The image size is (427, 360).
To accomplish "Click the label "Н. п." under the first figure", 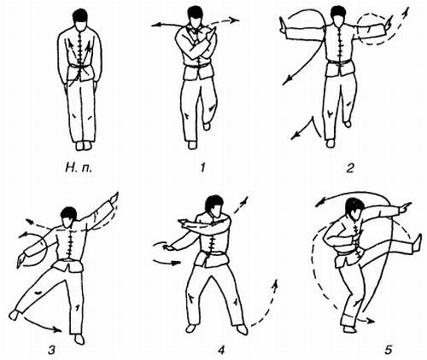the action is tap(79, 168).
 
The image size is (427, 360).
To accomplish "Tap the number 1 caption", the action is tap(202, 168).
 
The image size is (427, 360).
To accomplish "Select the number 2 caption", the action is tap(350, 168).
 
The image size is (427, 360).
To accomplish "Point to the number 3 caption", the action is tap(51, 350).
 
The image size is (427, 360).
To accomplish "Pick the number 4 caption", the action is tap(221, 350).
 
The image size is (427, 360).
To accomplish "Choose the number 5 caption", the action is tap(389, 350).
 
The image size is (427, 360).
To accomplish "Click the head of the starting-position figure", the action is tap(80, 20).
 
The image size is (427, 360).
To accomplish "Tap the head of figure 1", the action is tap(195, 17).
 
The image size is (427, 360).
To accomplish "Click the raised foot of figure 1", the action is tap(207, 125).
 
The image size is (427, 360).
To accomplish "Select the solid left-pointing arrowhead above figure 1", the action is tap(155, 26).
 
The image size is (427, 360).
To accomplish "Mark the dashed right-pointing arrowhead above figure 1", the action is tap(235, 20).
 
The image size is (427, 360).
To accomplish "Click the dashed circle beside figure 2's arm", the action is tap(371, 30).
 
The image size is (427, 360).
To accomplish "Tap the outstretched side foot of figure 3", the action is tap(14, 314).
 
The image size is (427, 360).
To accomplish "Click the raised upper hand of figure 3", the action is tap(114, 197).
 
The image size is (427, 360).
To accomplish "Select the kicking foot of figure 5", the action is tap(418, 243).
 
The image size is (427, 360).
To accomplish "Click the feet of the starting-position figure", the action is tap(84, 146).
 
